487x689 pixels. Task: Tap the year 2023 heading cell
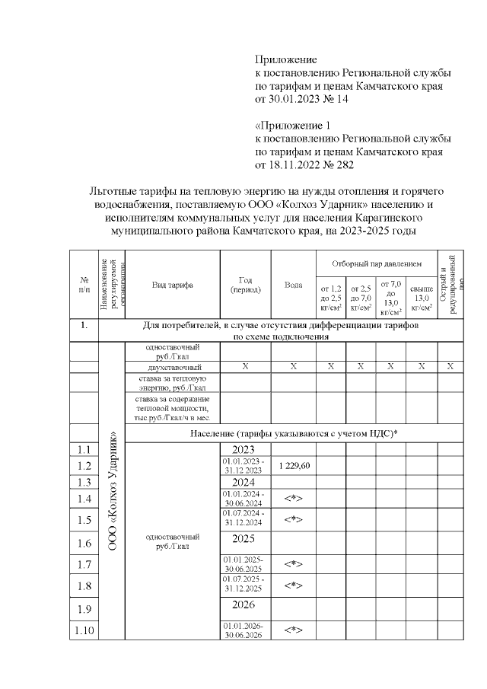(x=245, y=450)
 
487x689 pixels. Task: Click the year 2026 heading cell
(x=245, y=608)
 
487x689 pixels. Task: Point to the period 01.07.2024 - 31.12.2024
(x=245, y=519)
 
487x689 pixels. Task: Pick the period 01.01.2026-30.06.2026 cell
(x=245, y=630)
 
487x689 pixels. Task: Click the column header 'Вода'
(x=293, y=284)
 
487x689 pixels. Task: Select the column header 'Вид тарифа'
(x=172, y=284)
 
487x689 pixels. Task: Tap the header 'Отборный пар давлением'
(x=376, y=263)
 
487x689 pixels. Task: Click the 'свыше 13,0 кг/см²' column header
(x=421, y=297)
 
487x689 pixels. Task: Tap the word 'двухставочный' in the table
(x=172, y=367)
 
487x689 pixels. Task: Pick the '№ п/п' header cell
(x=84, y=284)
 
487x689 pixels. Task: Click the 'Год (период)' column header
(x=245, y=284)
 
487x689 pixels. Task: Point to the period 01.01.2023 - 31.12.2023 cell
(x=245, y=466)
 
